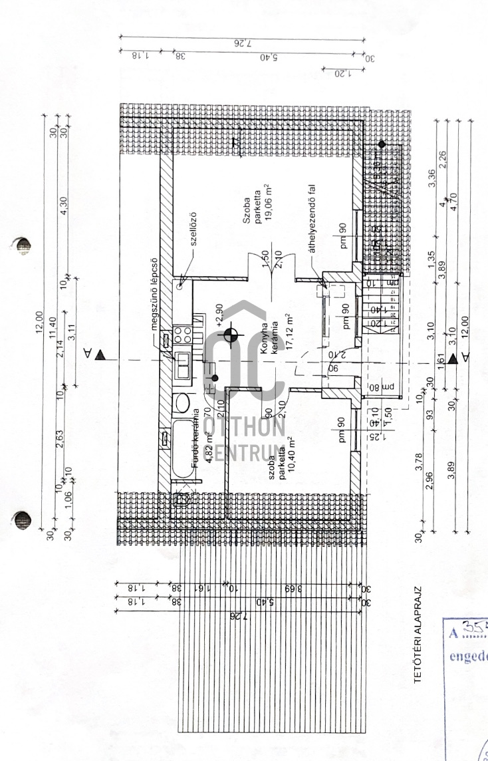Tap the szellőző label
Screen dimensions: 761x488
tap(193, 228)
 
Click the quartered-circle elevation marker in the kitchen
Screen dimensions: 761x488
tap(231, 335)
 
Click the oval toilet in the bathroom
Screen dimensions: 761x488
tap(181, 403)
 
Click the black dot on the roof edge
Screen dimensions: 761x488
tap(382, 144)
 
